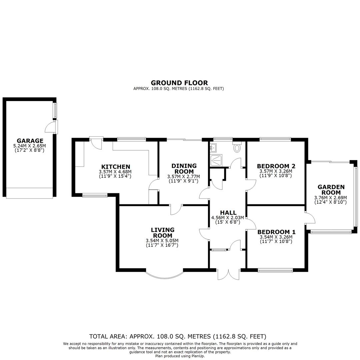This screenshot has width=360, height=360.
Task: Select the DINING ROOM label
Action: [184, 169]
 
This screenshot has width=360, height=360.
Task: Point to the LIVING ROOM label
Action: [163, 233]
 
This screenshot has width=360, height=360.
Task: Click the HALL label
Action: [228, 213]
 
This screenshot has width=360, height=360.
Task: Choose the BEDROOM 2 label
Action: [276, 166]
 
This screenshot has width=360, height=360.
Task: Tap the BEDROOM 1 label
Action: [276, 232]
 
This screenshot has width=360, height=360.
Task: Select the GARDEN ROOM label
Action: [331, 190]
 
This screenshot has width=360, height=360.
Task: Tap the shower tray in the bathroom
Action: [216, 160]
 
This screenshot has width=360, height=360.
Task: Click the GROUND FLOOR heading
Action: [179, 83]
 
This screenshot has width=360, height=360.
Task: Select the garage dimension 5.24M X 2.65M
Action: [30, 146]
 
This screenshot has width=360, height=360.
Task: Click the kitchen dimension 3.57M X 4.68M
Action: [115, 172]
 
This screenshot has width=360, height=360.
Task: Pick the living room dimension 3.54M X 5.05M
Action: [162, 241]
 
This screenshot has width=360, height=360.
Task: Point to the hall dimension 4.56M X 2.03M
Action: [228, 218]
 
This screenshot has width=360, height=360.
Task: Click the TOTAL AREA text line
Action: [178, 337]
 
